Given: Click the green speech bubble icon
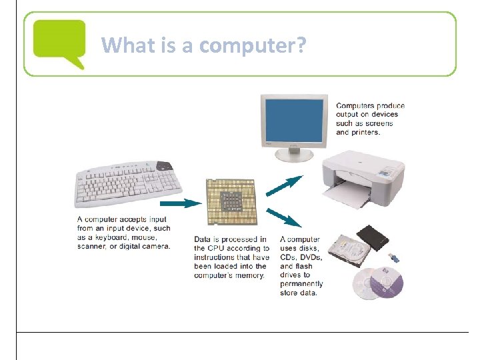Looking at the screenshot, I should click(x=59, y=41).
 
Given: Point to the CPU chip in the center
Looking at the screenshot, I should click(x=230, y=202).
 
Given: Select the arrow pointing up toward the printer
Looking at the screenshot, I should click(x=284, y=185).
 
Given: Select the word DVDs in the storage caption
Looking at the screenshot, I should click(x=311, y=257).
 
